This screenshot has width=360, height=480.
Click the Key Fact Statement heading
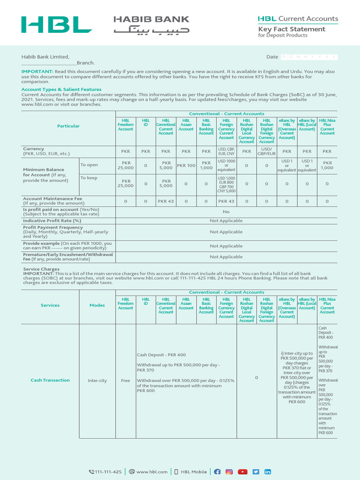292,29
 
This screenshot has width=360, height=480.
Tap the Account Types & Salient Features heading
61,89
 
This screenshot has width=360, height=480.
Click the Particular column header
68,126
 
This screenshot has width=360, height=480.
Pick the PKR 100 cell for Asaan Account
186,165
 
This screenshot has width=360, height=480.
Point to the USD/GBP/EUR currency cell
266,151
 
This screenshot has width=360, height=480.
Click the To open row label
90,165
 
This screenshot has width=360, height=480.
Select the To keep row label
89,178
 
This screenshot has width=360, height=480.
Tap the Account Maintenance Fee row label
52,199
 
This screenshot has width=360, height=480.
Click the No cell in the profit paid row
226,211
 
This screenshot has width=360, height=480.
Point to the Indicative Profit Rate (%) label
52,220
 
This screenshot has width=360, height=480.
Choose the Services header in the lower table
50,305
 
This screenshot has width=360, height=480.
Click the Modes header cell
97,305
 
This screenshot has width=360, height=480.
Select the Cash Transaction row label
50,380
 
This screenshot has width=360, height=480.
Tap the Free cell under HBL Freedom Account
125,381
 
